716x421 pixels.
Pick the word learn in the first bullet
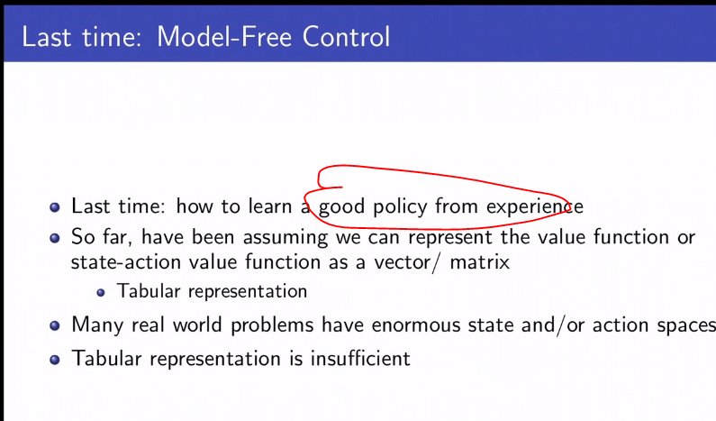[x=270, y=206]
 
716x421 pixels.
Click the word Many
[x=94, y=325]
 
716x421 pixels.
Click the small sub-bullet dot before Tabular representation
[x=102, y=292]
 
